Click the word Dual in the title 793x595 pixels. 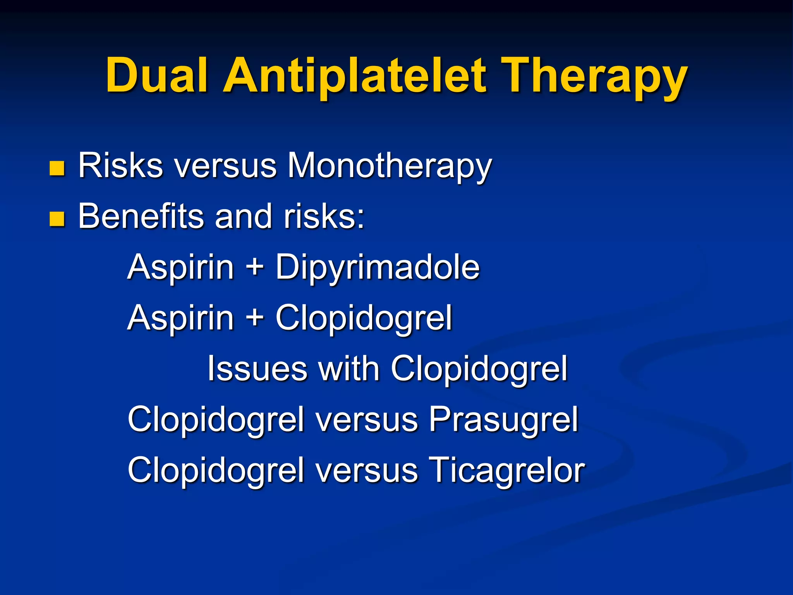pos(157,76)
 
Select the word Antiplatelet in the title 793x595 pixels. pos(354,76)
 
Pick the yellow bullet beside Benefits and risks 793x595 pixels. pos(57,219)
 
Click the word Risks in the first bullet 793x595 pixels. pos(120,166)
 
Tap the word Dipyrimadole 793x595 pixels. pos(378,267)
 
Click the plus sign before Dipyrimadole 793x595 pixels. pos(254,267)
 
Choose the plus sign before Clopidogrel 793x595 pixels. pos(254,318)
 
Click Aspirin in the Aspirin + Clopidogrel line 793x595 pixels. pos(180,318)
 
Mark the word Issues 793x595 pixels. pos(257,368)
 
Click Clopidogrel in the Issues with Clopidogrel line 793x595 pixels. pos(479,368)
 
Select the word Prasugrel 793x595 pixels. pos(503,420)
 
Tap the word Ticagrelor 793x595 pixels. pos(507,470)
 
